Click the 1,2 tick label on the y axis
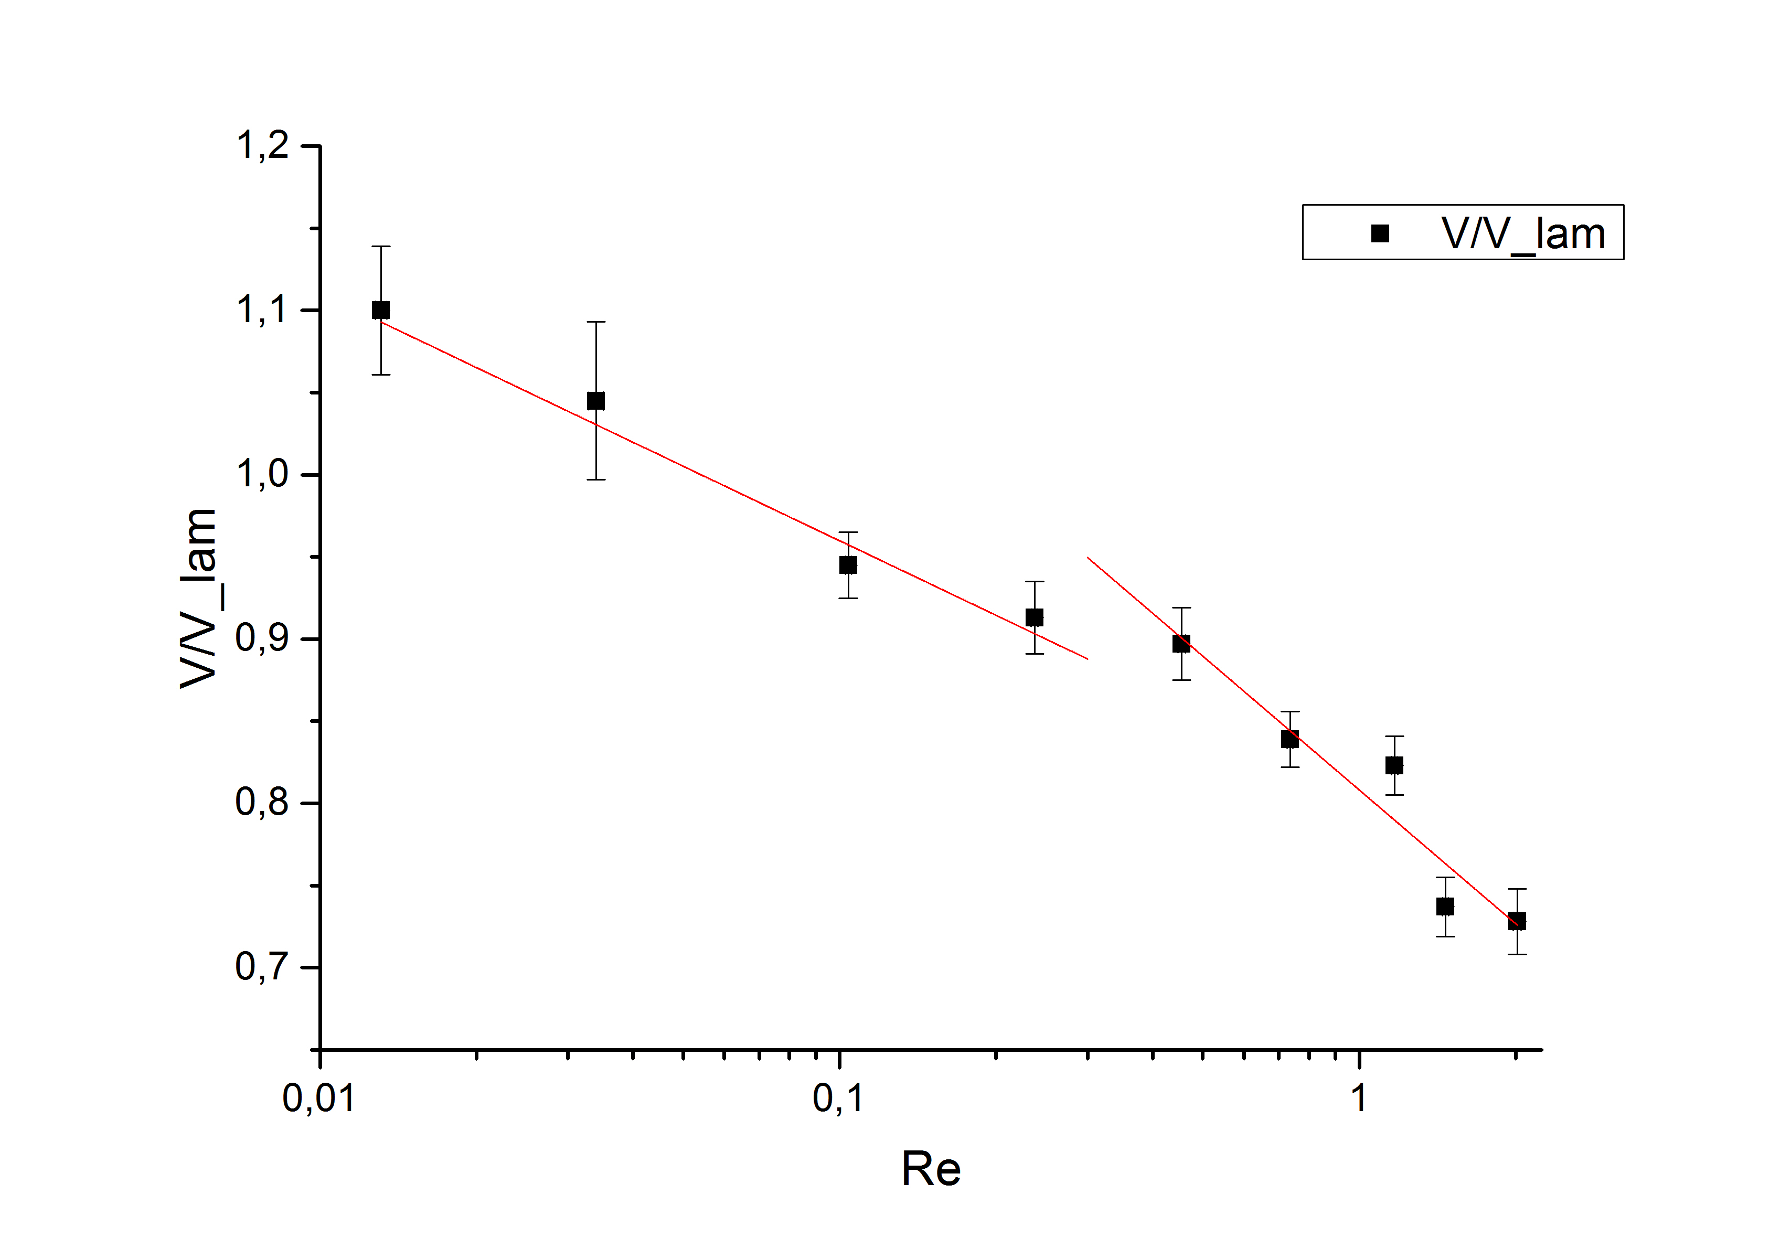point(262,146)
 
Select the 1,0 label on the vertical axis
point(262,474)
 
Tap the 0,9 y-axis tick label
point(262,639)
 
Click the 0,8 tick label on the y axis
point(262,803)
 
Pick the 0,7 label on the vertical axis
point(262,967)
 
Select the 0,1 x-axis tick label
point(838,1098)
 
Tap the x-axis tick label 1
point(1359,1098)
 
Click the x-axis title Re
point(931,1169)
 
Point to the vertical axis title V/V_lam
point(198,599)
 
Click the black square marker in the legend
point(1380,233)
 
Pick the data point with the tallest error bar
point(596,401)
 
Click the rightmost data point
point(1517,921)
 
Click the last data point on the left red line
point(1035,618)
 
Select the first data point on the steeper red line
point(1182,644)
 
